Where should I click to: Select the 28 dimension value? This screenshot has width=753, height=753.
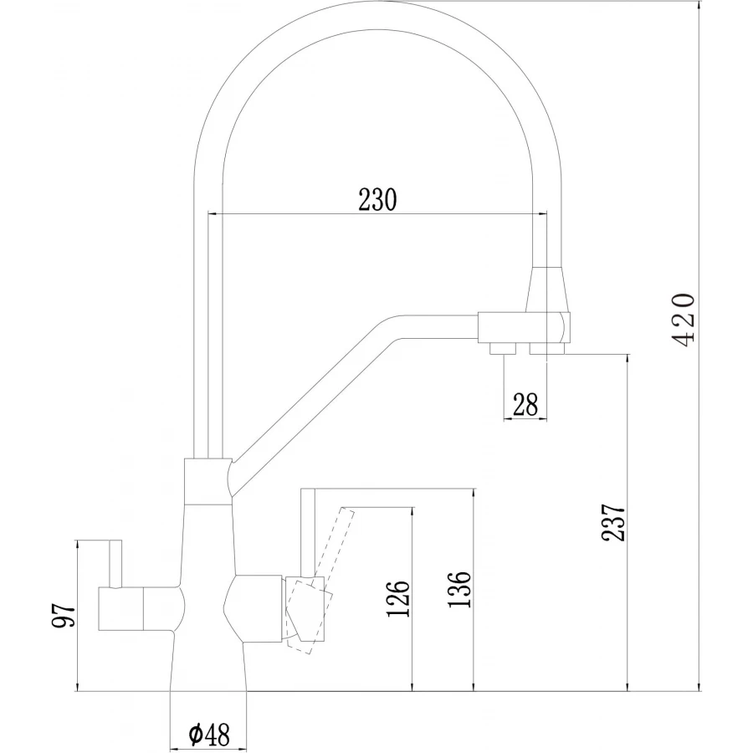[x=525, y=405]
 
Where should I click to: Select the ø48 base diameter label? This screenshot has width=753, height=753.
[x=209, y=735]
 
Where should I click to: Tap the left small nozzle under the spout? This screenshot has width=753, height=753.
[x=502, y=347]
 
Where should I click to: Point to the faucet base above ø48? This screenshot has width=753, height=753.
[x=208, y=669]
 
